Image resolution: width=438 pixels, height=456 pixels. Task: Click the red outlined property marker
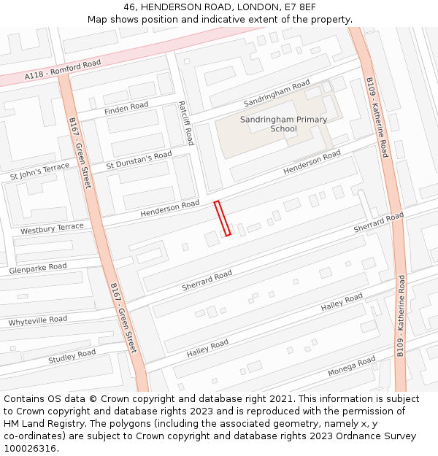pyautogui.click(x=222, y=218)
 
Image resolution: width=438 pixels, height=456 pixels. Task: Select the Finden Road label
pyautogui.click(x=126, y=108)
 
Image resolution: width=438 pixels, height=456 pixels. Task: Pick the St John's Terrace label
pyautogui.click(x=39, y=172)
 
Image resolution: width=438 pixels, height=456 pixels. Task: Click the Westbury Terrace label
pyautogui.click(x=52, y=228)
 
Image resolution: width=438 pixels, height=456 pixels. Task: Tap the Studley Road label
pyautogui.click(x=72, y=357)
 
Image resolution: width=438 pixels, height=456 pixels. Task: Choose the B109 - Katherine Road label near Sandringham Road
pyautogui.click(x=377, y=117)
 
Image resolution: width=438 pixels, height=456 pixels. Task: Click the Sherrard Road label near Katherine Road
pyautogui.click(x=378, y=223)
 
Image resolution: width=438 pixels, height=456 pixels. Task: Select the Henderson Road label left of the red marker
pyautogui.click(x=169, y=208)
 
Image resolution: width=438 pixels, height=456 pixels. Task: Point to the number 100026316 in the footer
pyautogui.click(x=30, y=448)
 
